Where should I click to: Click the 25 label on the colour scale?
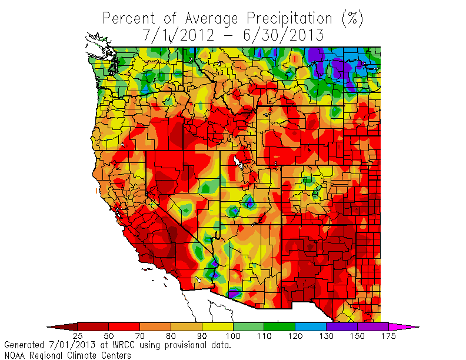coord(77,336)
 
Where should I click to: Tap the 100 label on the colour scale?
coord(232,336)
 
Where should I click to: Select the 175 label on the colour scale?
coord(388,336)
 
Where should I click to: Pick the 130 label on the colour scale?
coord(326,336)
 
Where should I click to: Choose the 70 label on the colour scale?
coord(139,336)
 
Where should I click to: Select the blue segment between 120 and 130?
coord(310,326)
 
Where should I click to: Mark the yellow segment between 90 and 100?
coord(217,326)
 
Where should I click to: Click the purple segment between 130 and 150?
coord(341,326)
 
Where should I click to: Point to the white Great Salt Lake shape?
coord(239,161)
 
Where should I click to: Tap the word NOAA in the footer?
coord(16,355)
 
